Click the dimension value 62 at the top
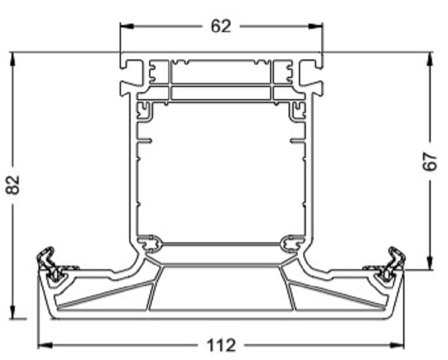(221, 26)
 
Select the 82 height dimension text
(13, 185)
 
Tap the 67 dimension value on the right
(429, 161)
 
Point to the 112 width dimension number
(221, 346)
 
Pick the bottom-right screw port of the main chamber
(292, 243)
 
